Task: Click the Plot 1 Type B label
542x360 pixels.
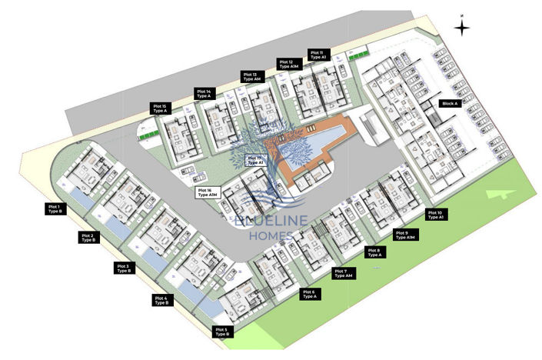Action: (x=55, y=208)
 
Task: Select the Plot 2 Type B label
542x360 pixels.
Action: (x=88, y=238)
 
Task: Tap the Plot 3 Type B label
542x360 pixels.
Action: (x=122, y=268)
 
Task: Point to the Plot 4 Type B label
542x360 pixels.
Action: (x=161, y=300)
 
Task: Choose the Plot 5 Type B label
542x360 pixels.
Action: (x=221, y=332)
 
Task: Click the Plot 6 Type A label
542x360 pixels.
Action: (x=309, y=294)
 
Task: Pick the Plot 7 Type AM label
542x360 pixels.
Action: (x=341, y=273)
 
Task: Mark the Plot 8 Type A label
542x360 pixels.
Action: (x=374, y=252)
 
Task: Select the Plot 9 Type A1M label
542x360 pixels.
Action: (x=405, y=235)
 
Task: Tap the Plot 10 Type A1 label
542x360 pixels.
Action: (x=435, y=215)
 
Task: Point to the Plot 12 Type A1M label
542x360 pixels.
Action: (x=288, y=65)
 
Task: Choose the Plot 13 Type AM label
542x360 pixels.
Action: (x=252, y=77)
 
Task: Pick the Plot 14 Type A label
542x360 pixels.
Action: (x=204, y=93)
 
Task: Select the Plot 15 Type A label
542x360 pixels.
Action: (x=160, y=108)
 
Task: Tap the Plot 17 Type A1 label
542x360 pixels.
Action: (x=254, y=161)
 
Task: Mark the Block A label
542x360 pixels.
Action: (x=449, y=103)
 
